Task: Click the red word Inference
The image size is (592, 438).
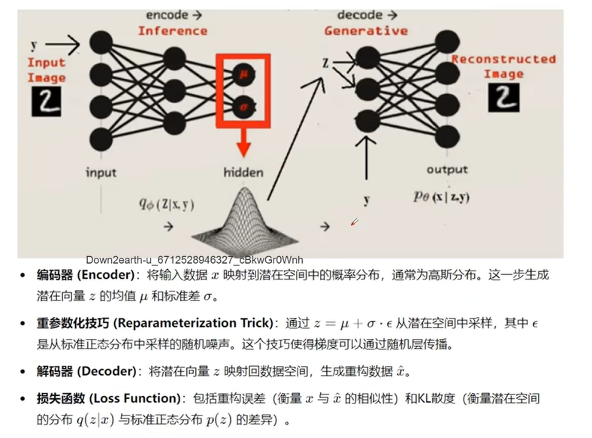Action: [x=172, y=31]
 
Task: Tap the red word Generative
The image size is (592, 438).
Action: [x=366, y=31]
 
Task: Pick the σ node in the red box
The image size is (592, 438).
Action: [x=242, y=107]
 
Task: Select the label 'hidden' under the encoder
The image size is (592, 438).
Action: [x=243, y=172]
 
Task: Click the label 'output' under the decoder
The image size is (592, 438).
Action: [x=447, y=170]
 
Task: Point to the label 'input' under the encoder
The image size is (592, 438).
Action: [x=101, y=172]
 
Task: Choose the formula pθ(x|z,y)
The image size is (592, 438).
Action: [x=442, y=197]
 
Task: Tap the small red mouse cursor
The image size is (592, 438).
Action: [x=355, y=221]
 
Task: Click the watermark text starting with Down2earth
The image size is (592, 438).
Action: [x=195, y=259]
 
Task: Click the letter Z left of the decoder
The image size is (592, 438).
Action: [x=326, y=63]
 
